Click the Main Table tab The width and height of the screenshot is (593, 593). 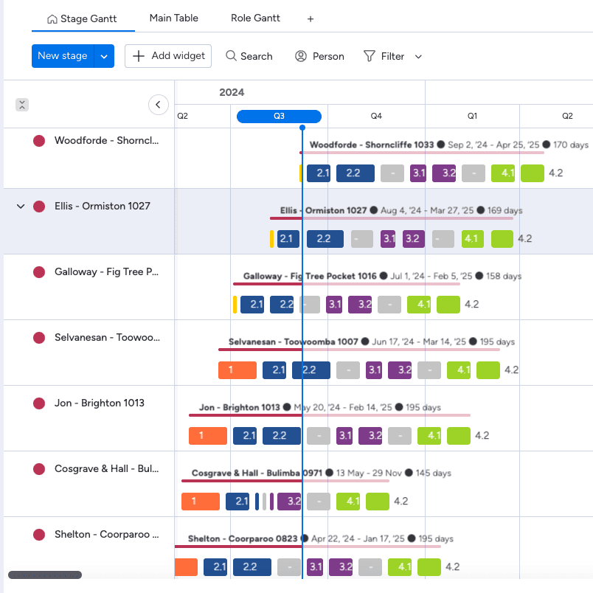tap(173, 18)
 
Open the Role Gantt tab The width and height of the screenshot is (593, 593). tap(255, 18)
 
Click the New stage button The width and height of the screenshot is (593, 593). tap(63, 56)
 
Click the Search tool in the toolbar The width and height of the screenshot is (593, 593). tap(249, 56)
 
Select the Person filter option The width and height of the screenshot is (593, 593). tap(319, 56)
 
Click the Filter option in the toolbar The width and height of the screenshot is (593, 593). tap(384, 56)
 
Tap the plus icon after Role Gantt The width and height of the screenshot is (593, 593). tap(311, 19)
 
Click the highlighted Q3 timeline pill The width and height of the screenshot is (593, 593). tap(279, 116)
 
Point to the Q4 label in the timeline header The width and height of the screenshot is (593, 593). tap(376, 116)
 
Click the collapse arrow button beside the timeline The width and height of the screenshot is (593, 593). tap(159, 105)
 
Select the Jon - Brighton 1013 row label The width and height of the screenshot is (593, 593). tap(99, 403)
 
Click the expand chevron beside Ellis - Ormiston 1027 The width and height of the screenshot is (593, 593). tap(21, 207)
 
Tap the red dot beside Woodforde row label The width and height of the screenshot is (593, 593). tap(39, 141)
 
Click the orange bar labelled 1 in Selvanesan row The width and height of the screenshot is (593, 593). tap(237, 370)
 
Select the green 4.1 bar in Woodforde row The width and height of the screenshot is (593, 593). tap(503, 173)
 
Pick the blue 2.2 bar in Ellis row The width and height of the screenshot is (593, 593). tap(325, 239)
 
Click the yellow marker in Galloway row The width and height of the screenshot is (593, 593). tap(235, 305)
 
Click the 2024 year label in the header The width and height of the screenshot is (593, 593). tap(232, 93)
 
